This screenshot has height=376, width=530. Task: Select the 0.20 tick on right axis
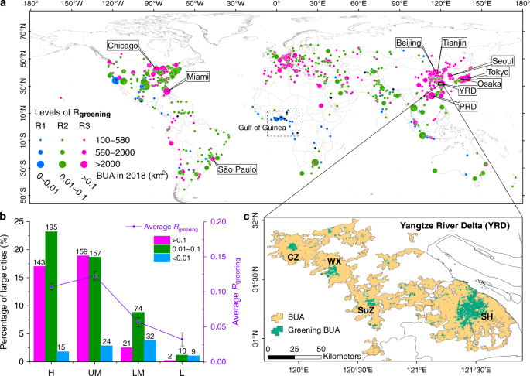point(218,222)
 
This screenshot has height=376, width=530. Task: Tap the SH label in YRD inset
point(488,318)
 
